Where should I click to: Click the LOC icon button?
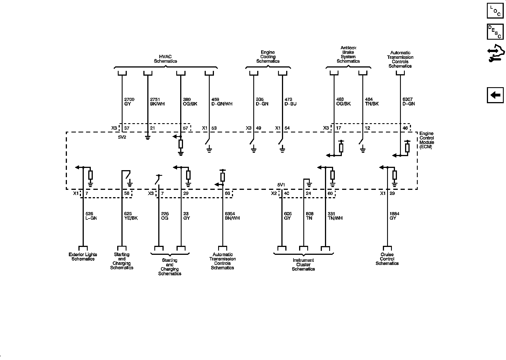(x=495, y=10)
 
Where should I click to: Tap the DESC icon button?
(x=495, y=31)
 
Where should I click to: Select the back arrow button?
(x=495, y=95)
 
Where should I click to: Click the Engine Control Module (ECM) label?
(x=426, y=140)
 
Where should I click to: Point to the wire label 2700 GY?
(x=129, y=102)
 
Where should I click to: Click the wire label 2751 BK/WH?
(x=157, y=102)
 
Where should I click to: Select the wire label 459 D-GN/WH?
(x=222, y=102)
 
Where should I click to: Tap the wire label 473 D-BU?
(x=290, y=102)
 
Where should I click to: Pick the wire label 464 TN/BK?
(x=372, y=102)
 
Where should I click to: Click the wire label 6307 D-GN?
(x=408, y=102)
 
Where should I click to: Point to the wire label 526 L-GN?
(x=91, y=216)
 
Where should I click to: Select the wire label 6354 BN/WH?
(x=232, y=216)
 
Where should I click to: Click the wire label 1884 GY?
(x=394, y=216)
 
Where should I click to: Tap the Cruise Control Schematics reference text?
(x=387, y=259)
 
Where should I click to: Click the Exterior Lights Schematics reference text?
(x=83, y=257)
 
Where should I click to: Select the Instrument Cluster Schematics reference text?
(x=303, y=265)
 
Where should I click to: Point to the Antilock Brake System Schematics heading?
(x=348, y=55)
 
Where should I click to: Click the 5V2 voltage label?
(x=122, y=138)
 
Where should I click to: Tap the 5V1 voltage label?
(x=281, y=185)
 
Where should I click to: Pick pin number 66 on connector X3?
(x=227, y=193)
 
